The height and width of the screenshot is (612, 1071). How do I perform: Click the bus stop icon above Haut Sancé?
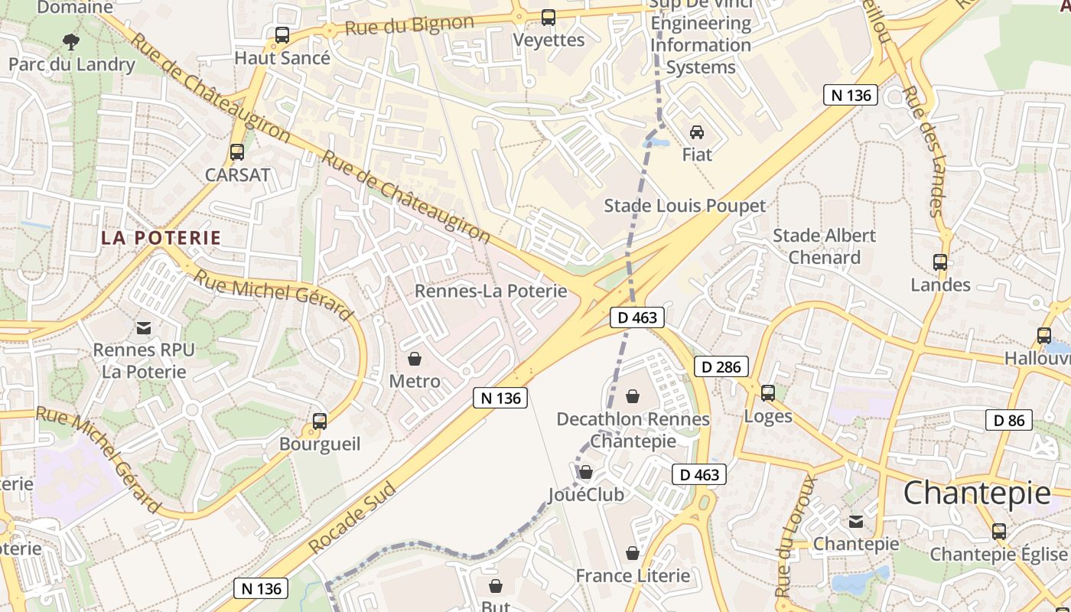pos(282,35)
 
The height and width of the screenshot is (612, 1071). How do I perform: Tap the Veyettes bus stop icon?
pos(548,18)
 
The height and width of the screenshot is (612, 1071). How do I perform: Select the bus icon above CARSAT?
pos(237,152)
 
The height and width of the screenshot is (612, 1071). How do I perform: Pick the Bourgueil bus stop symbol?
pos(320,422)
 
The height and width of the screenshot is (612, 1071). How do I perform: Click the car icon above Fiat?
pos(696,132)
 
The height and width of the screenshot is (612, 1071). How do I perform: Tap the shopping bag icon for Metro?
pos(415,359)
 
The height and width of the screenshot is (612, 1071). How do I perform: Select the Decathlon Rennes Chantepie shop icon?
pos(633,396)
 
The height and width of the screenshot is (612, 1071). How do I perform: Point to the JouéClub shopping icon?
pos(586,472)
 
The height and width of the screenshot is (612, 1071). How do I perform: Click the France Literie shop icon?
pos(633,553)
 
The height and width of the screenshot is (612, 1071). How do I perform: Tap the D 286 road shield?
pos(721,366)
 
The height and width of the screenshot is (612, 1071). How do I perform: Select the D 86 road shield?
pos(1009,420)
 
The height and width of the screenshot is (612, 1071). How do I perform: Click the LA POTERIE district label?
pos(161,238)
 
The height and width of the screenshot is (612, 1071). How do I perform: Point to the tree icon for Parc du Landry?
pos(71,41)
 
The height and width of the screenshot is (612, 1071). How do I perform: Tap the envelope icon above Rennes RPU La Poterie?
pos(143,328)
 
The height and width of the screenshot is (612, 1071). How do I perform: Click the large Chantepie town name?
pos(977,493)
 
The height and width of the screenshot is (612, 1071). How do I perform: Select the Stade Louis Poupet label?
pos(685,206)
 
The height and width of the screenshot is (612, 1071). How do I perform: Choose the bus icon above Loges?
pos(768,393)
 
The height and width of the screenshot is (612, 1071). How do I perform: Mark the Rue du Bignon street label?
pos(409,26)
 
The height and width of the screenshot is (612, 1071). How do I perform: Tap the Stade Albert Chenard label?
pos(824,246)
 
